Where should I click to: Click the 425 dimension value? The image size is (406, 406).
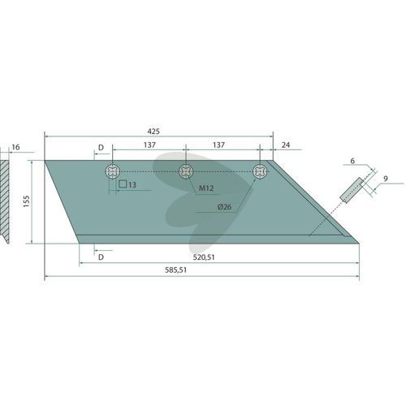153,132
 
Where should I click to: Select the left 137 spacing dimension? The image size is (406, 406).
149,145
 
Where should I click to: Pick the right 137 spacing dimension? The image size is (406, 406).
218,145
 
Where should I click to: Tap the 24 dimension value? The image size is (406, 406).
286,145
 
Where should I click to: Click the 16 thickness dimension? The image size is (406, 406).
15,147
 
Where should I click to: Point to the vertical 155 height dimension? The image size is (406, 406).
26,201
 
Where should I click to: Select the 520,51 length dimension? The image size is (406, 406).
204,257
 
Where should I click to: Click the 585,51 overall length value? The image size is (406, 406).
176,270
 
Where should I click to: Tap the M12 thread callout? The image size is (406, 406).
206,188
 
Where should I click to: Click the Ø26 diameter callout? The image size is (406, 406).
224,207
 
